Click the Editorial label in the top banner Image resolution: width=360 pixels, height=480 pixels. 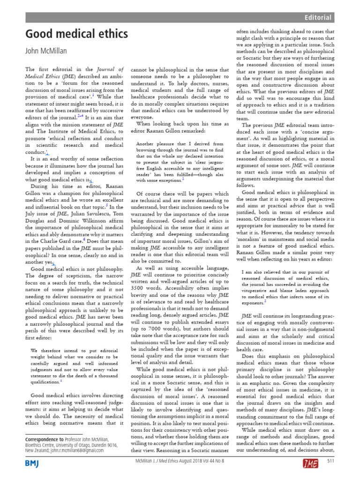point(318,18)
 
